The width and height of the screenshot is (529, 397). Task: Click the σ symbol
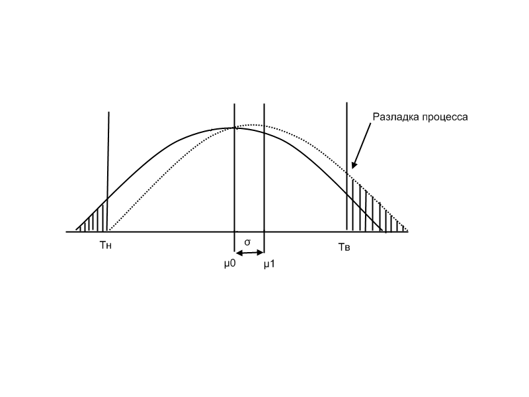click(x=247, y=242)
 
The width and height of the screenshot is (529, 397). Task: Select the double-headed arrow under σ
click(x=249, y=252)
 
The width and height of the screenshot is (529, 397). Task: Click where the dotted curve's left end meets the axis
click(x=110, y=231)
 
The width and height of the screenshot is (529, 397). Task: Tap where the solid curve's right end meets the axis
click(x=384, y=231)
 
